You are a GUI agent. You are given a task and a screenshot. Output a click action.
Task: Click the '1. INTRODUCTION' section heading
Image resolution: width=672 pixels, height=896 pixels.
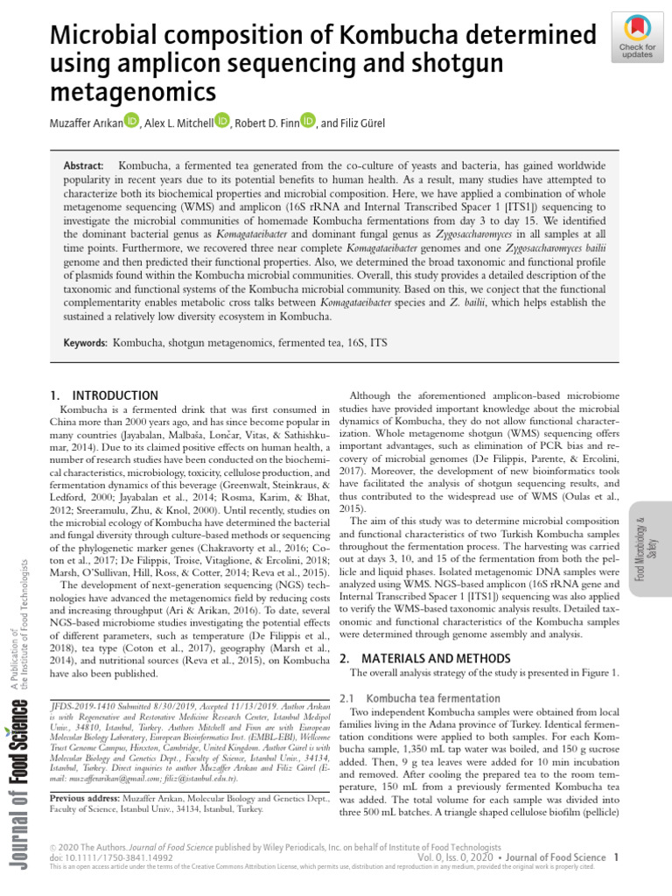click(104, 395)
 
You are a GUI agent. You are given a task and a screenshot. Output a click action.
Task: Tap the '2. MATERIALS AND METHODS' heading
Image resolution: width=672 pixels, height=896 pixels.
click(424, 657)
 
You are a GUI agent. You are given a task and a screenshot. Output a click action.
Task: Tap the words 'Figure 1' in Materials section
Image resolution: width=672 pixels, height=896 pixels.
click(600, 673)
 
